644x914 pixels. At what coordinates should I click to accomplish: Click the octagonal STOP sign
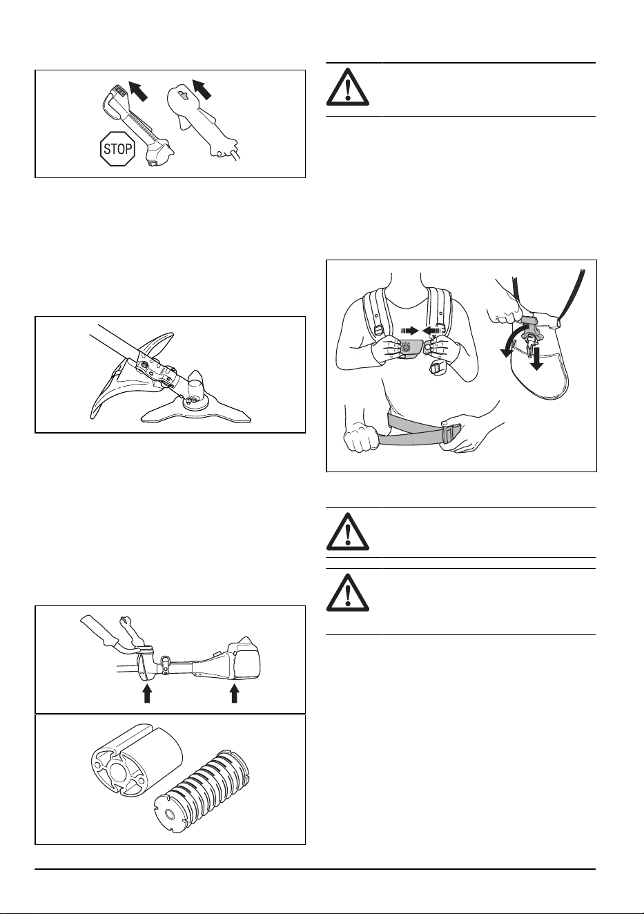117,148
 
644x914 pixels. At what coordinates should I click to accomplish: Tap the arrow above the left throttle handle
137,90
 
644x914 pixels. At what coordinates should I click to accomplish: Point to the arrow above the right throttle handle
202,89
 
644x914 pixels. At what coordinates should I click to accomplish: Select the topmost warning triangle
348,87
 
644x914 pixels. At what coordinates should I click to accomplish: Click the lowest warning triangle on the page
348,592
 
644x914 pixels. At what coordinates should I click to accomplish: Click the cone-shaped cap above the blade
196,382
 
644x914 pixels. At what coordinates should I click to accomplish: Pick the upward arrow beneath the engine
234,693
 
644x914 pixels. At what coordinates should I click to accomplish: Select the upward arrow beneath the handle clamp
147,693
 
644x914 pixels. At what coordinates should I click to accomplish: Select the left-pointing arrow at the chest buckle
433,329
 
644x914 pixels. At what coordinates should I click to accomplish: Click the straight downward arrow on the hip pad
537,359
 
